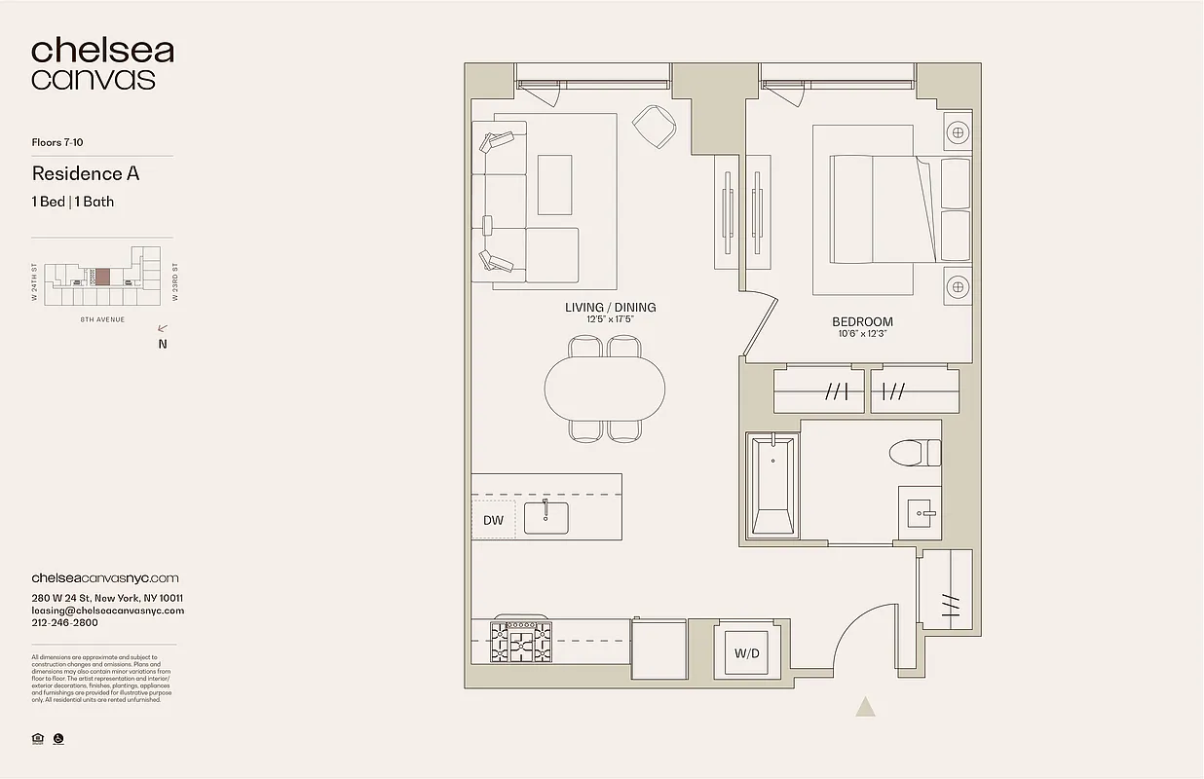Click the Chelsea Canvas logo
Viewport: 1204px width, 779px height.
point(102,64)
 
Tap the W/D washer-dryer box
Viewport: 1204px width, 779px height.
point(747,653)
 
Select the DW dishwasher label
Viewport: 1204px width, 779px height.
point(494,520)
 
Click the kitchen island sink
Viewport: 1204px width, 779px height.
point(546,517)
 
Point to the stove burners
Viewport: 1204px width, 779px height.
point(520,642)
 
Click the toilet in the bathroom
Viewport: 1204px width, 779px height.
point(916,453)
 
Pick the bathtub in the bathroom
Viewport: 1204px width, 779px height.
point(773,485)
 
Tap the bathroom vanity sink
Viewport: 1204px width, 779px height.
point(920,511)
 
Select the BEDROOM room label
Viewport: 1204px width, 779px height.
point(862,321)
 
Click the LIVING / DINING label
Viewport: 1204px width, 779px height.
point(611,308)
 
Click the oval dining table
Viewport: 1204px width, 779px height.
point(605,389)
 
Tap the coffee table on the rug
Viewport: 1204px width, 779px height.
point(554,184)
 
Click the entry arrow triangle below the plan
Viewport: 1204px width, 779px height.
point(865,707)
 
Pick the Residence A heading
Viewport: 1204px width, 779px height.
point(86,173)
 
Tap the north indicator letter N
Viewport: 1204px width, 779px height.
point(163,343)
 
